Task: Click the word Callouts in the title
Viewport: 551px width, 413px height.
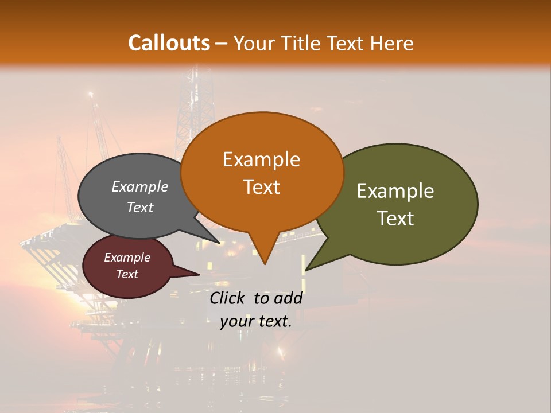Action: pos(169,43)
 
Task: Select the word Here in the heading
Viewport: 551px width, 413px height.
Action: pos(392,44)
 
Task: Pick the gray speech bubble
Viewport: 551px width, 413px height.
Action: pos(115,221)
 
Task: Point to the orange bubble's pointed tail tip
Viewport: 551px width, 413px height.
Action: pos(265,264)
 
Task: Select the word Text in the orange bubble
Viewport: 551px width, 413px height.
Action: pos(261,186)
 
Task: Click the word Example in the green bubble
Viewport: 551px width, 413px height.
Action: pos(395,191)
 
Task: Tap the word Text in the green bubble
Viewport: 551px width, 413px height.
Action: pos(396,218)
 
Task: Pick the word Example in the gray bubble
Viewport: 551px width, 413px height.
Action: pos(140,186)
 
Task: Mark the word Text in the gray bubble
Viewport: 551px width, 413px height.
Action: pos(140,207)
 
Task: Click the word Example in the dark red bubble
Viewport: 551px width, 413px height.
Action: pos(127,258)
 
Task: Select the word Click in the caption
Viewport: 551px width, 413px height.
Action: pos(228,298)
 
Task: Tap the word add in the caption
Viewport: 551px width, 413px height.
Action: pos(288,298)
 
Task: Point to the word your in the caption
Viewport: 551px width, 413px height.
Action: pos(236,321)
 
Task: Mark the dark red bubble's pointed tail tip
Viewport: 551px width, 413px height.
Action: pos(199,274)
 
